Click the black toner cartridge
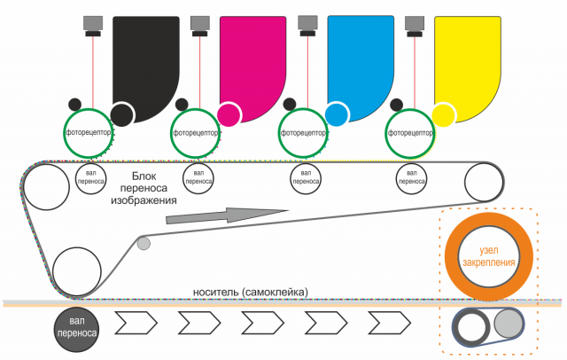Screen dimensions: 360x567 pyautogui.click(x=146, y=53)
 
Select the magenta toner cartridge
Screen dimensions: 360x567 pyautogui.click(x=252, y=53)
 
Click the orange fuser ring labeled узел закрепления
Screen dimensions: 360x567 pyautogui.click(x=490, y=250)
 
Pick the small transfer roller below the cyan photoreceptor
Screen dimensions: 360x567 pyautogui.click(x=306, y=176)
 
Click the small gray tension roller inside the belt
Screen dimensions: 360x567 pyautogui.click(x=144, y=242)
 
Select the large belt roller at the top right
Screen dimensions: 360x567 pyautogui.click(x=483, y=184)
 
